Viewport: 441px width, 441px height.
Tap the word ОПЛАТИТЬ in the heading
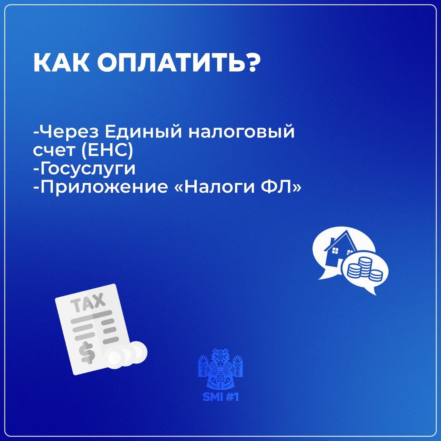pyautogui.click(x=166, y=63)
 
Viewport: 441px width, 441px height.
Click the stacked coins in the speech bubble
pyautogui.click(x=365, y=268)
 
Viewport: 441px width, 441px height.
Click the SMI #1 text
pyautogui.click(x=220, y=397)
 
